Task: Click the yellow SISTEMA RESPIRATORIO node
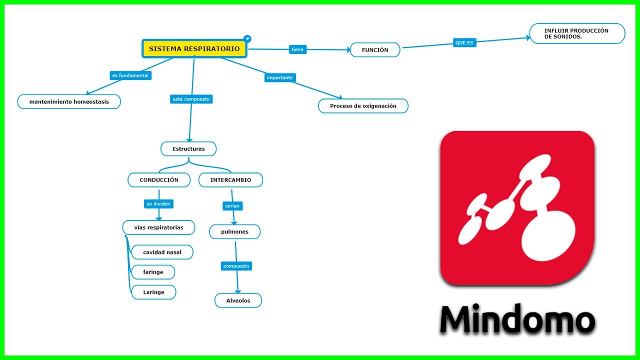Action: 194,49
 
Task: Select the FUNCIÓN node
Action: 375,50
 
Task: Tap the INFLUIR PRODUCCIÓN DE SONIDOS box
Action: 577,33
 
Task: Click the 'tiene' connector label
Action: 297,49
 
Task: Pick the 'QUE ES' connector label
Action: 464,43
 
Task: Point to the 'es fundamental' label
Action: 130,75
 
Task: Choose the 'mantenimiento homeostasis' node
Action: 69,101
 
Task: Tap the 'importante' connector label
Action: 280,77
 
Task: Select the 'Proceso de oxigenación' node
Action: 363,106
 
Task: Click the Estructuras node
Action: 188,149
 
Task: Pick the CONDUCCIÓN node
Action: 159,180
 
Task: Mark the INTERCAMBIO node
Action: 230,180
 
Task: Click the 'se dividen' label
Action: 159,204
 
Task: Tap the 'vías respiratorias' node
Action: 158,227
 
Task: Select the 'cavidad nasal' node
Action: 162,252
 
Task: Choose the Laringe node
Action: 153,292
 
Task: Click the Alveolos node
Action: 238,300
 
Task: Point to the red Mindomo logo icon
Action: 517,208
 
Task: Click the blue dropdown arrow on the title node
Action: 247,39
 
